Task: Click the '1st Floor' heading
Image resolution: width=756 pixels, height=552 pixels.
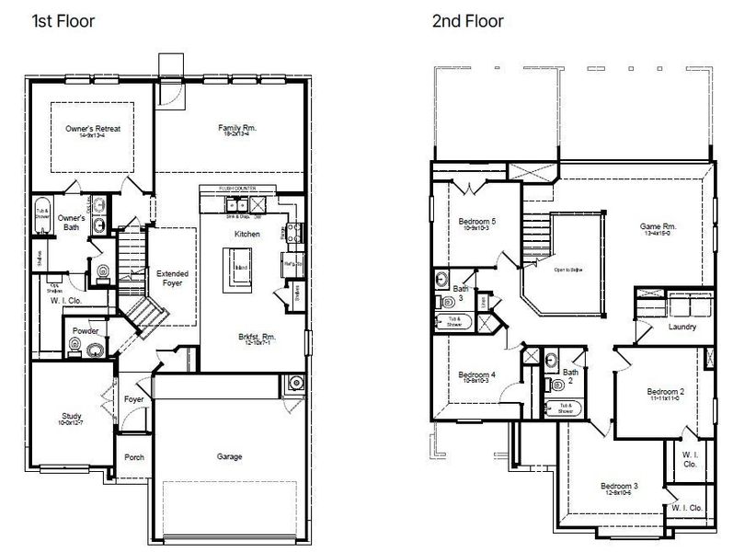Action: pyautogui.click(x=63, y=20)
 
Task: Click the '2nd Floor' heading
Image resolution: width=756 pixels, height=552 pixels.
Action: pyautogui.click(x=468, y=20)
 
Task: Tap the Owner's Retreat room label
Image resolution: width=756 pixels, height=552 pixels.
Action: pyautogui.click(x=93, y=130)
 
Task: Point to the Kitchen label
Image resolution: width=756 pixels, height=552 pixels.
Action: pyautogui.click(x=247, y=235)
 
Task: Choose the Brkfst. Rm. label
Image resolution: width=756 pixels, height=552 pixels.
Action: pyautogui.click(x=256, y=337)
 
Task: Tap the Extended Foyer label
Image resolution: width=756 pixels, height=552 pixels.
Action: pyautogui.click(x=172, y=279)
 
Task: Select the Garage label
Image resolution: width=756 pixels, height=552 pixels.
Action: pyautogui.click(x=230, y=455)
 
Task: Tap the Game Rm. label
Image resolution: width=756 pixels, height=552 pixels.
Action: pyautogui.click(x=658, y=226)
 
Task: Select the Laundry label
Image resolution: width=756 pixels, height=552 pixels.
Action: pyautogui.click(x=682, y=327)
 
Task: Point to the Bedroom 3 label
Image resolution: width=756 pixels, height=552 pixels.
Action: pyautogui.click(x=620, y=486)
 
